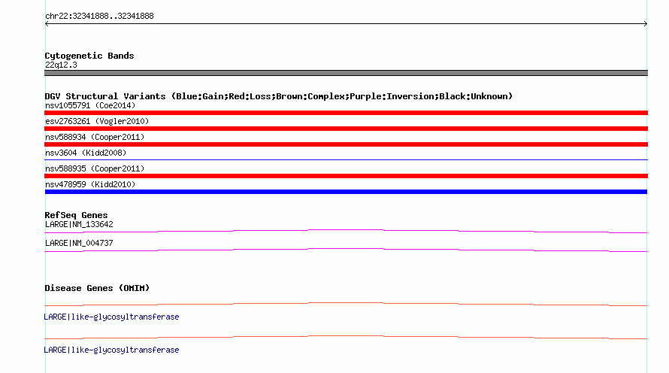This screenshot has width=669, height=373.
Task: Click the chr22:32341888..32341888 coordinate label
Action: [99, 17]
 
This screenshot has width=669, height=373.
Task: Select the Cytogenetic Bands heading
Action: [89, 56]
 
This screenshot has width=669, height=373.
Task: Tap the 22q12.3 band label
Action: [61, 65]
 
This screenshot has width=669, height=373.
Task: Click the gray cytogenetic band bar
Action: [346, 73]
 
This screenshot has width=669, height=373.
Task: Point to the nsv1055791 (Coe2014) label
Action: [90, 105]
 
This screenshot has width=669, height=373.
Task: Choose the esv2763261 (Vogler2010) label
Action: [97, 121]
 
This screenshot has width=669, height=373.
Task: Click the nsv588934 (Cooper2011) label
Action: [95, 137]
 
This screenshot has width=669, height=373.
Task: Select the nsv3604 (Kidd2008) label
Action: [86, 153]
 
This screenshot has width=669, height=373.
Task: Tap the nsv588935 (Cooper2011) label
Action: [95, 168]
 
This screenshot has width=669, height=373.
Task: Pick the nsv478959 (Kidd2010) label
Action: [90, 184]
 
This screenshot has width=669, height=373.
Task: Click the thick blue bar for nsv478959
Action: [346, 192]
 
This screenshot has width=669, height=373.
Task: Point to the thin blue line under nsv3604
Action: [346, 159]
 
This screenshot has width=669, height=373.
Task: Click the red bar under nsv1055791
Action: [346, 113]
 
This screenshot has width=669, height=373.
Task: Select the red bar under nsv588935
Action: [346, 176]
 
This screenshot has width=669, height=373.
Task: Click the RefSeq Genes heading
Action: [76, 215]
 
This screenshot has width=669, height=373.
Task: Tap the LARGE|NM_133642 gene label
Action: [79, 225]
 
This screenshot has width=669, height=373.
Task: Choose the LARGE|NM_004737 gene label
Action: [79, 243]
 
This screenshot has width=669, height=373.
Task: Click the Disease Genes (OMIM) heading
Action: [97, 288]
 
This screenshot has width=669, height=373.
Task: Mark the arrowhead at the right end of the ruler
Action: [646, 24]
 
